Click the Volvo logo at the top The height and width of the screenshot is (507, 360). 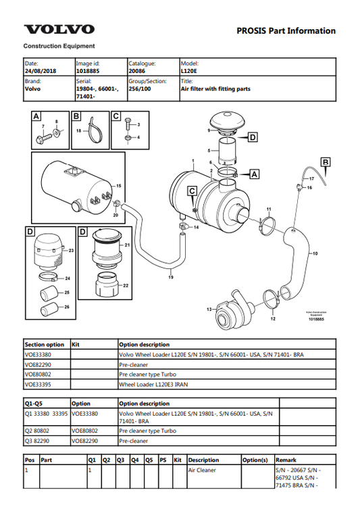coord(59,29)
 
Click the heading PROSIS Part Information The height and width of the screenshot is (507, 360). coord(286,30)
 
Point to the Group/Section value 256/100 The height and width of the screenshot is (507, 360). coord(140,88)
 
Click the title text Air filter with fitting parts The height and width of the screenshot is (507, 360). coord(215,88)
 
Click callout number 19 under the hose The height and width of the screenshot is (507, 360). coord(171,277)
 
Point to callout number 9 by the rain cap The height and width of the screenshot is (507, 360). coord(210,130)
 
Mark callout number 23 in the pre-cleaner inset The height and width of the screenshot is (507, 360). coord(70,250)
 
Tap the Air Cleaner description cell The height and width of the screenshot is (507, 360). coord(203,469)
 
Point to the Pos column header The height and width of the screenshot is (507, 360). coord(30,460)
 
